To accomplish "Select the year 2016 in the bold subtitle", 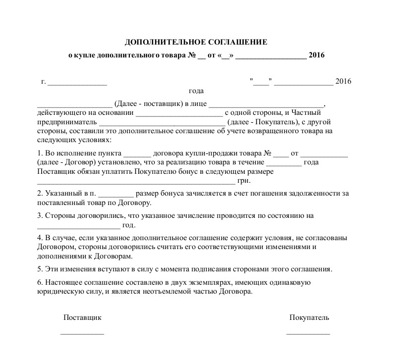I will (316, 55).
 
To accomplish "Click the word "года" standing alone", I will (196, 91).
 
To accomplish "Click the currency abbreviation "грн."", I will (244, 181).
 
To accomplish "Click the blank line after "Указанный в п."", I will (116, 194).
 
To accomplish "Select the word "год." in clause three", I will (129, 225).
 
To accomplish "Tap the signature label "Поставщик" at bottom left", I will (82, 317).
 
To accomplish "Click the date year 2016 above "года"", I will (343, 82).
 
